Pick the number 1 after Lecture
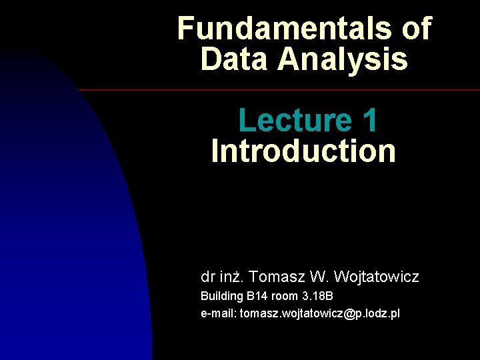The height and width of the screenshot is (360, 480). (x=370, y=121)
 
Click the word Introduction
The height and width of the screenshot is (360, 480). (x=303, y=151)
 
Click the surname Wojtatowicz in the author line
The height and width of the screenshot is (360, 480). (x=377, y=276)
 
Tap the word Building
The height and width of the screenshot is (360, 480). (x=222, y=296)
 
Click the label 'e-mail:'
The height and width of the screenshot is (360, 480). (x=219, y=313)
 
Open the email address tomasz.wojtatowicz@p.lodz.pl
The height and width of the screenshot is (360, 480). (x=320, y=313)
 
